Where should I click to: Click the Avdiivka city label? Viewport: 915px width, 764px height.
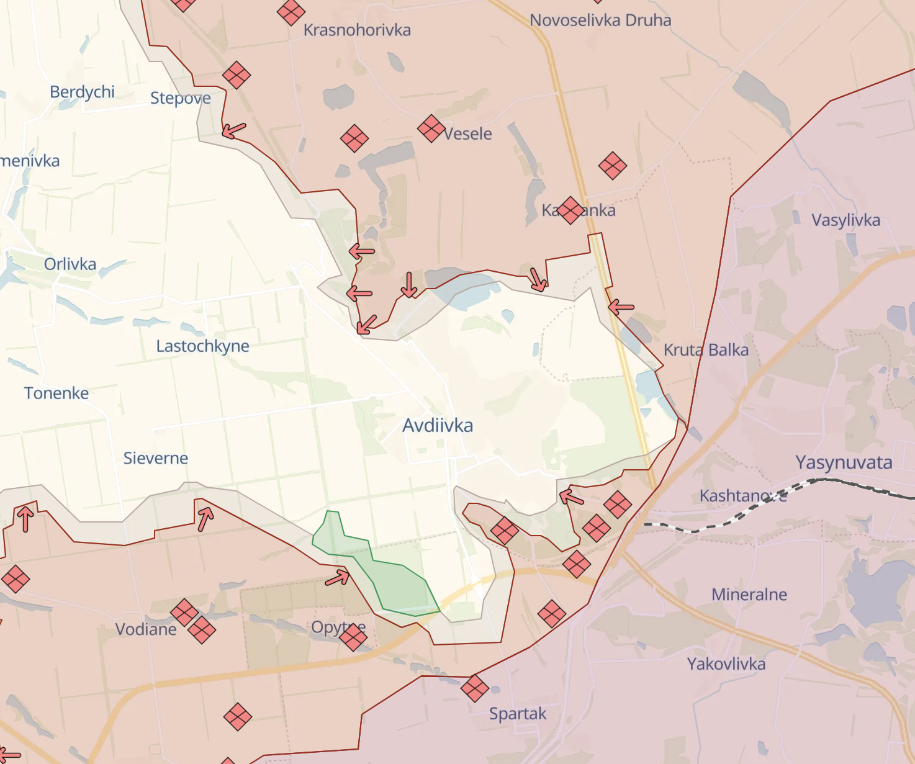[438, 426]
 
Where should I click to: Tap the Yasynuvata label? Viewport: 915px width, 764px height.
[844, 462]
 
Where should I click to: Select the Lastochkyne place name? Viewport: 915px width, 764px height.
[202, 346]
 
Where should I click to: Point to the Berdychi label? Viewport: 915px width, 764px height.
[82, 92]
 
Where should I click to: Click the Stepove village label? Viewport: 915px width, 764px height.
[180, 98]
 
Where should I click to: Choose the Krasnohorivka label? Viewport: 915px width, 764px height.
[357, 30]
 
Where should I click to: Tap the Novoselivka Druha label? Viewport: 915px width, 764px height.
[600, 20]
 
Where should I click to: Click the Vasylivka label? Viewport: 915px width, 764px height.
[845, 220]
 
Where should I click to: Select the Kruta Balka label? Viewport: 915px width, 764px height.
[706, 350]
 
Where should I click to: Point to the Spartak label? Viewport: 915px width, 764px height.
[518, 714]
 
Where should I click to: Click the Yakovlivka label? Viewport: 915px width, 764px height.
[726, 664]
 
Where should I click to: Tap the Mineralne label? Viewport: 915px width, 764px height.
[749, 595]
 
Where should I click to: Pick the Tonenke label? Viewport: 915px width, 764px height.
[56, 393]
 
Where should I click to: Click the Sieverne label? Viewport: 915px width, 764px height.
[156, 459]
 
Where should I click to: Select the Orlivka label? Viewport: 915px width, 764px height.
[70, 264]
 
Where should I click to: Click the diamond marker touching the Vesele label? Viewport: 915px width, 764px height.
[431, 128]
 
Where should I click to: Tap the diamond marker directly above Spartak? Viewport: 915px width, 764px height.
[475, 688]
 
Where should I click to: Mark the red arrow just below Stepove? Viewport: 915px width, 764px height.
[234, 130]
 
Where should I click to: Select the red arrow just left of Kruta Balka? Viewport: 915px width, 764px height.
[621, 307]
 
